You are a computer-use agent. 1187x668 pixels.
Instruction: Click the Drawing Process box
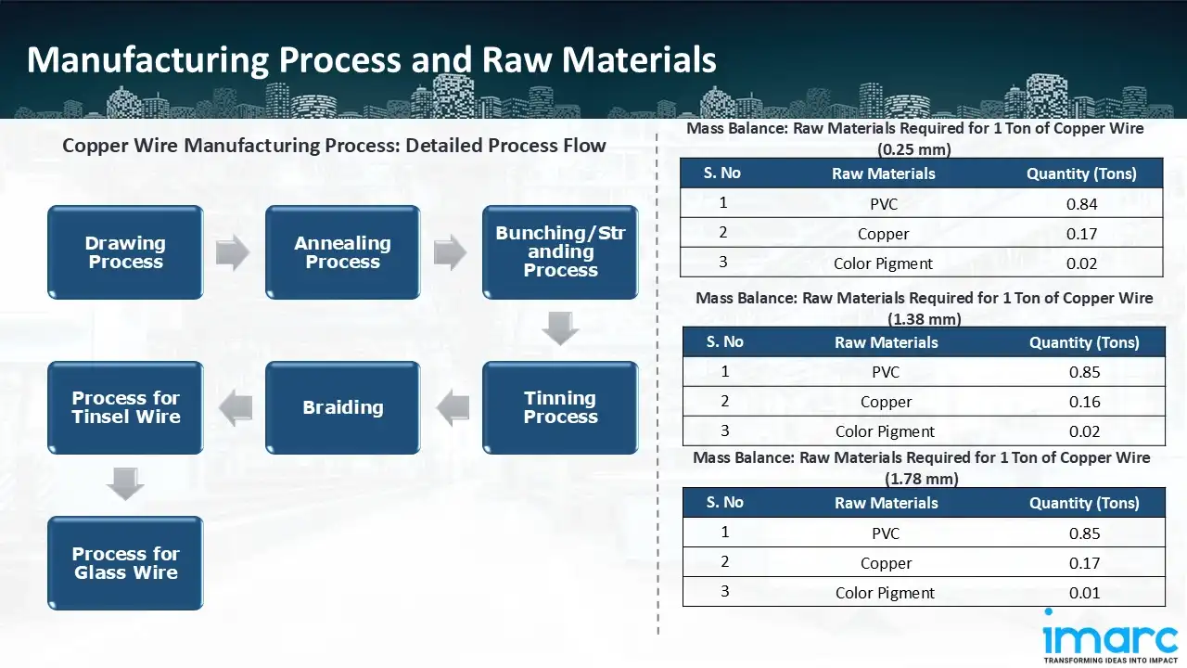point(125,252)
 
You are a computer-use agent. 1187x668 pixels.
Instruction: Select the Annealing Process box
point(342,252)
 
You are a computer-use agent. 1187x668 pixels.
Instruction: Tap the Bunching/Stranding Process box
point(560,252)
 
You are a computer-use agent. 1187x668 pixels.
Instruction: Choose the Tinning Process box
point(560,407)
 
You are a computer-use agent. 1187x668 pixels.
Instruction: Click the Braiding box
point(342,407)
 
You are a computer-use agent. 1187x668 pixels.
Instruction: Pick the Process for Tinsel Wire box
point(125,407)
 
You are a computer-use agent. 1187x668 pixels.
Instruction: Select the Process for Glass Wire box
point(125,563)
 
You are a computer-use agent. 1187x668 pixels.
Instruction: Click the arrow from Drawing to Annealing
point(233,252)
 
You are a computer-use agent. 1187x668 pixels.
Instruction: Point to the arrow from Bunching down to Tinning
point(560,329)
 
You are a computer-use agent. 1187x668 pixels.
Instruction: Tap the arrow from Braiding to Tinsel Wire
point(235,407)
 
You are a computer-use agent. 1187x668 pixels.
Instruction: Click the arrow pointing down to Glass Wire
point(125,484)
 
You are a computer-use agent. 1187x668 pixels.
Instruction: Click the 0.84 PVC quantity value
point(1081,204)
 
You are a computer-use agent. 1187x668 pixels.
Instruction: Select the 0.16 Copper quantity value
point(1084,402)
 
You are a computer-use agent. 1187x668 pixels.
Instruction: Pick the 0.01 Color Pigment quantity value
point(1084,593)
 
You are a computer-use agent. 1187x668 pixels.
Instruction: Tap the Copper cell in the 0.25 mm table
point(883,234)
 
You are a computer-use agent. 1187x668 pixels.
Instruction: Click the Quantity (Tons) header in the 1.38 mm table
point(1084,342)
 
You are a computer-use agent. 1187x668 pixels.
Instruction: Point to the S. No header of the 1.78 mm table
point(724,502)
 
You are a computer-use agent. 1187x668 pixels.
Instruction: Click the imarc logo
point(1110,638)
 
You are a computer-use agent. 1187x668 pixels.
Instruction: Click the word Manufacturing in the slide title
point(148,59)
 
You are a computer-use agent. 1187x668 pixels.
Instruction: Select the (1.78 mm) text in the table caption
point(922,479)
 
